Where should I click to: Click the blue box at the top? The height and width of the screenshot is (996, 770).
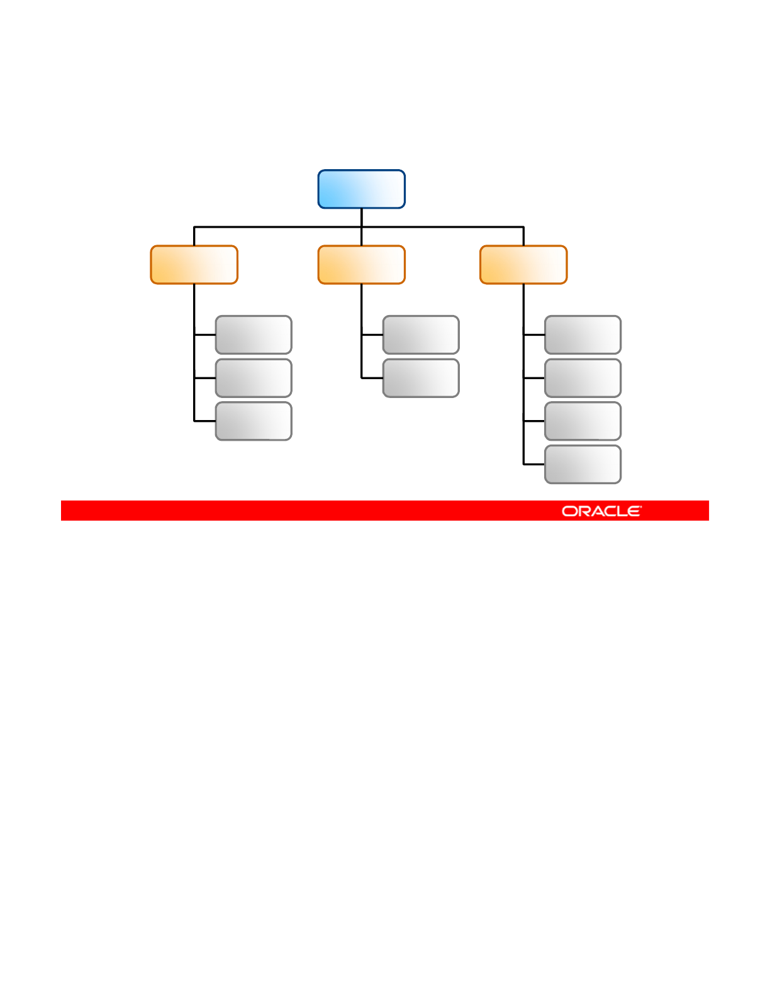click(361, 189)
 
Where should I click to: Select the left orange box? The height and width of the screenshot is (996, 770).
click(194, 265)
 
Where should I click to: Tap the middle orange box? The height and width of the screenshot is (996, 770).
click(361, 265)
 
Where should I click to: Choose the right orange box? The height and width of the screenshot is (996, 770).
click(523, 265)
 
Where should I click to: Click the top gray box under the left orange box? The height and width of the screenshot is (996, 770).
click(254, 335)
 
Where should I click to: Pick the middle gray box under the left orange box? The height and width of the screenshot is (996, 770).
click(254, 378)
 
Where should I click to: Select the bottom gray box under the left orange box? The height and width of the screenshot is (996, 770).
click(254, 421)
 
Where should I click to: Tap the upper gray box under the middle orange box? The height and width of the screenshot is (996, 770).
click(421, 335)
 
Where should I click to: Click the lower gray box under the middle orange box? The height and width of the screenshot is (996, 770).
click(421, 378)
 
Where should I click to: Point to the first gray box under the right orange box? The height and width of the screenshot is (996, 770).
click(583, 335)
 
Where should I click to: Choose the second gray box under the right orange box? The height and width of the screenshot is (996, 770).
click(583, 378)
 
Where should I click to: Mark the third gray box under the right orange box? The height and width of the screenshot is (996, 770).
click(583, 421)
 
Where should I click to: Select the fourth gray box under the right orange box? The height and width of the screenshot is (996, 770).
click(583, 464)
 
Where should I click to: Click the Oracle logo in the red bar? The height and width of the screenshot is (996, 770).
click(601, 511)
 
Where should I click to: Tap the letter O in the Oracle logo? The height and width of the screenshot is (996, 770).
click(569, 511)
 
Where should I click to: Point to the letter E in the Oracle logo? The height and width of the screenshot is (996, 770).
click(634, 511)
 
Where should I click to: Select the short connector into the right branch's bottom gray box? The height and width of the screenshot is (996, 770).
click(534, 464)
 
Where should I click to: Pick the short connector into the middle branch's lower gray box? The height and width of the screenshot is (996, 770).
click(372, 378)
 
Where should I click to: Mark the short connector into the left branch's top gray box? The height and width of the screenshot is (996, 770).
click(204, 335)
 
